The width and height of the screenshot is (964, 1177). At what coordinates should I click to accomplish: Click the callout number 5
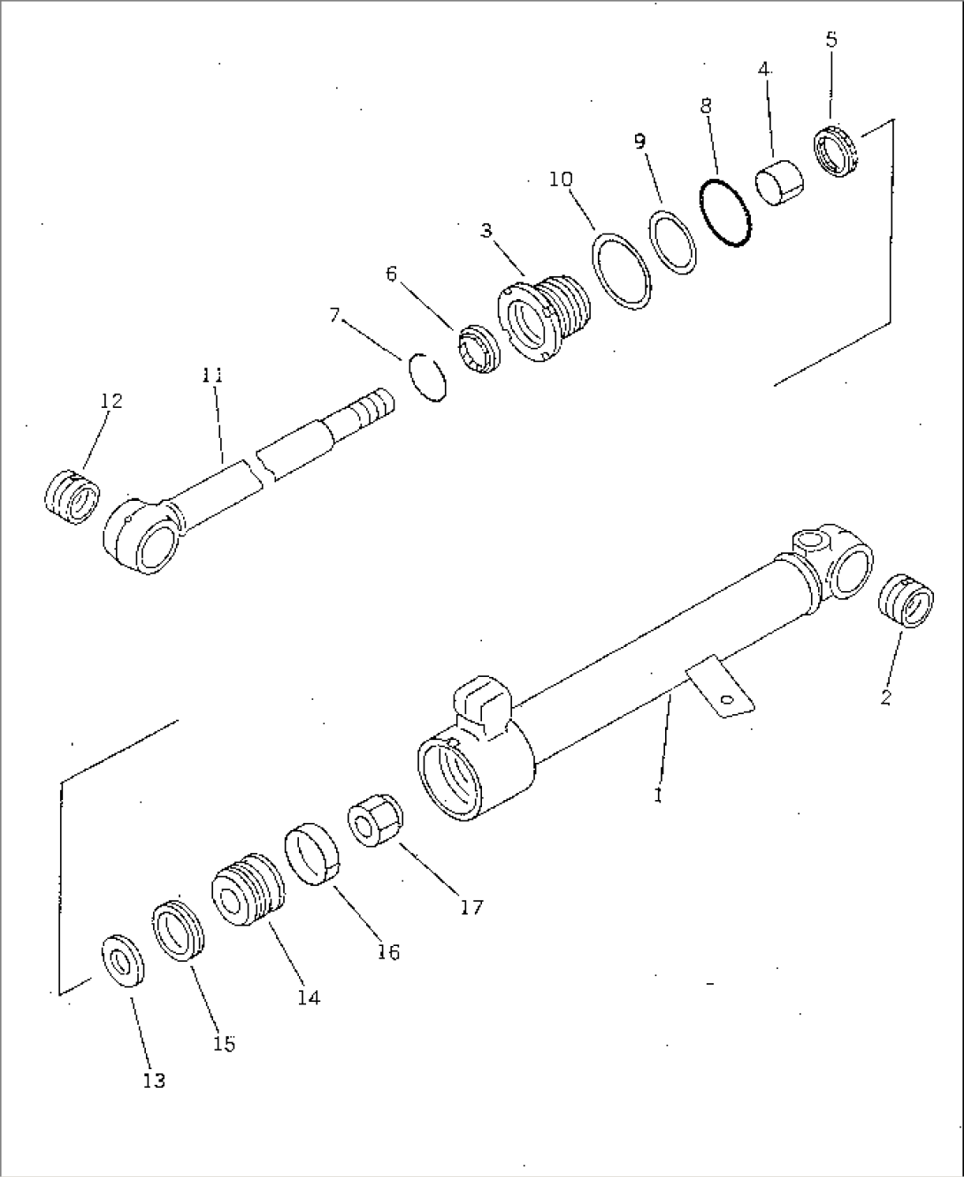[830, 40]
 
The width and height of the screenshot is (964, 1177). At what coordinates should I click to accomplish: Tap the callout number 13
[154, 1081]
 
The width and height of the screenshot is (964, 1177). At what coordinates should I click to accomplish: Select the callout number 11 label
[211, 375]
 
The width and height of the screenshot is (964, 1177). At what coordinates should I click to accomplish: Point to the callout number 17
[471, 906]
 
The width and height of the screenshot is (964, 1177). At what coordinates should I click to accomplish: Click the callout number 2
[886, 697]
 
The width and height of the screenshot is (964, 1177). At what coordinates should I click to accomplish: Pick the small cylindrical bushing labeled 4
[779, 183]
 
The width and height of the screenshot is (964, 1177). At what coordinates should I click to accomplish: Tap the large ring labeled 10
[622, 271]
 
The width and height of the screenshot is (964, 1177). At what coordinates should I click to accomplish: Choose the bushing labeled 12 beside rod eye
[72, 496]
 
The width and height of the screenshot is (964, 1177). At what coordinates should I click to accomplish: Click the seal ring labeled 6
[479, 350]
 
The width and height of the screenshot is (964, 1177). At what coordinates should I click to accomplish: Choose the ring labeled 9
[674, 242]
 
